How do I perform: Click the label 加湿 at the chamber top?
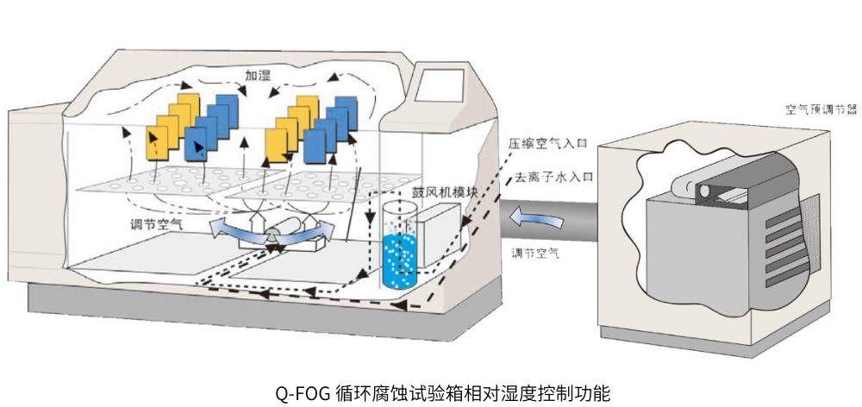click(x=258, y=76)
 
